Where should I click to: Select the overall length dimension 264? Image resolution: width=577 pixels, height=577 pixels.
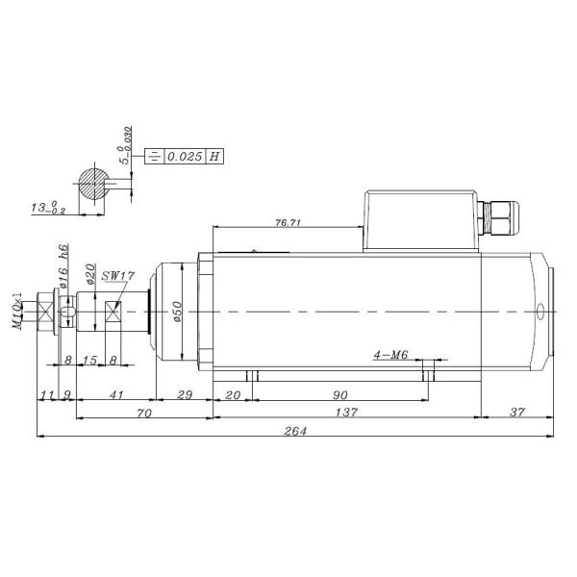coord(294,431)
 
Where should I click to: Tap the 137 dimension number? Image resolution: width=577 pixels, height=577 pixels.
coord(346,413)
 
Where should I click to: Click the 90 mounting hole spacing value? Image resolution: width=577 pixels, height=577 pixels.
coord(339,395)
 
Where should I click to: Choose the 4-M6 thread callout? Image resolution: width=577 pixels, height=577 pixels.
coord(391,355)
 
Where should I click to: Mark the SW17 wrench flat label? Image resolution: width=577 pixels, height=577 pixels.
coord(118,276)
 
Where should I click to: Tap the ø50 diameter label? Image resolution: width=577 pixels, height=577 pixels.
coord(177,313)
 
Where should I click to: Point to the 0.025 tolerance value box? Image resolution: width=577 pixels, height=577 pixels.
coord(185,156)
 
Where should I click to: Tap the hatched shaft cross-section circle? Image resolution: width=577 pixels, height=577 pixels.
coord(94,186)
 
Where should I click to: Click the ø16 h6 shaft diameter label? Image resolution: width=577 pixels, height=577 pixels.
coord(63,271)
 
